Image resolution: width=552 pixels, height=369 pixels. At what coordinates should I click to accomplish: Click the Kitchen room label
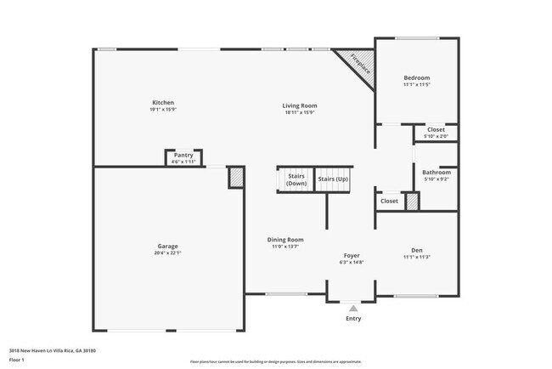tap(162, 103)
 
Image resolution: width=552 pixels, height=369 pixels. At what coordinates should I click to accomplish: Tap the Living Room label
tap(300, 105)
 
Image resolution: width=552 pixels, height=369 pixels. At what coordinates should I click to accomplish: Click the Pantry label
tap(183, 155)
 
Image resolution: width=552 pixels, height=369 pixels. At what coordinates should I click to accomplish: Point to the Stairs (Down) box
tap(296, 179)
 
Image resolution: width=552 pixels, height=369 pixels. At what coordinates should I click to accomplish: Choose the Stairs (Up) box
tap(332, 179)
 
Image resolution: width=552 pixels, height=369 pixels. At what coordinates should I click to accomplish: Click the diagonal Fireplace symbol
tap(357, 67)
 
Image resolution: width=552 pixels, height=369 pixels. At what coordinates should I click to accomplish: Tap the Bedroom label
tap(416, 78)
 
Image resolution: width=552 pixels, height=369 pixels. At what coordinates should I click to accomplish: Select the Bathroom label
tap(437, 173)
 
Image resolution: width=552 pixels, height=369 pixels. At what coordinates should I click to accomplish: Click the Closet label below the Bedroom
tap(435, 130)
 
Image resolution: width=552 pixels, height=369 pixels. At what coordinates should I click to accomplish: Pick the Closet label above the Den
tap(389, 202)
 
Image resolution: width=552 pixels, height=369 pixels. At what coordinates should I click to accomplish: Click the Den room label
tap(416, 250)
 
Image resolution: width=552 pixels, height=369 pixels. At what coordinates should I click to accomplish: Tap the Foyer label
tap(352, 256)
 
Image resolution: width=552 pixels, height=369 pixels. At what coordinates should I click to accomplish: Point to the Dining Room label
tap(285, 240)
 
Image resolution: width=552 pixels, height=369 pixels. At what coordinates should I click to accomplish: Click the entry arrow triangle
tap(353, 308)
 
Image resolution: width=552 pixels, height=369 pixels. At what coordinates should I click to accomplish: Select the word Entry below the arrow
tap(353, 319)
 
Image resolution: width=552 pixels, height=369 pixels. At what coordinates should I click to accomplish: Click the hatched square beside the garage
tap(236, 177)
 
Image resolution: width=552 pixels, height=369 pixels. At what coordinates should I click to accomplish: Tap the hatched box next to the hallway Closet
tap(412, 202)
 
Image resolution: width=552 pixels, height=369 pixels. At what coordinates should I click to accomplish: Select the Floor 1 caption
tap(18, 360)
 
